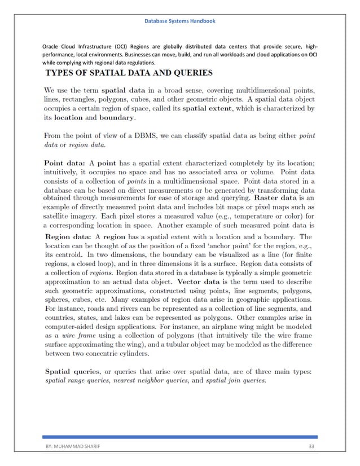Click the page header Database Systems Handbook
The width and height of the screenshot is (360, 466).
(x=179, y=21)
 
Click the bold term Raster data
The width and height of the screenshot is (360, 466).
(x=279, y=198)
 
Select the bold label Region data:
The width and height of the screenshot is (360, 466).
(x=68, y=237)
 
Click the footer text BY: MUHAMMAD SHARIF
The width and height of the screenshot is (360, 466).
(x=72, y=446)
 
